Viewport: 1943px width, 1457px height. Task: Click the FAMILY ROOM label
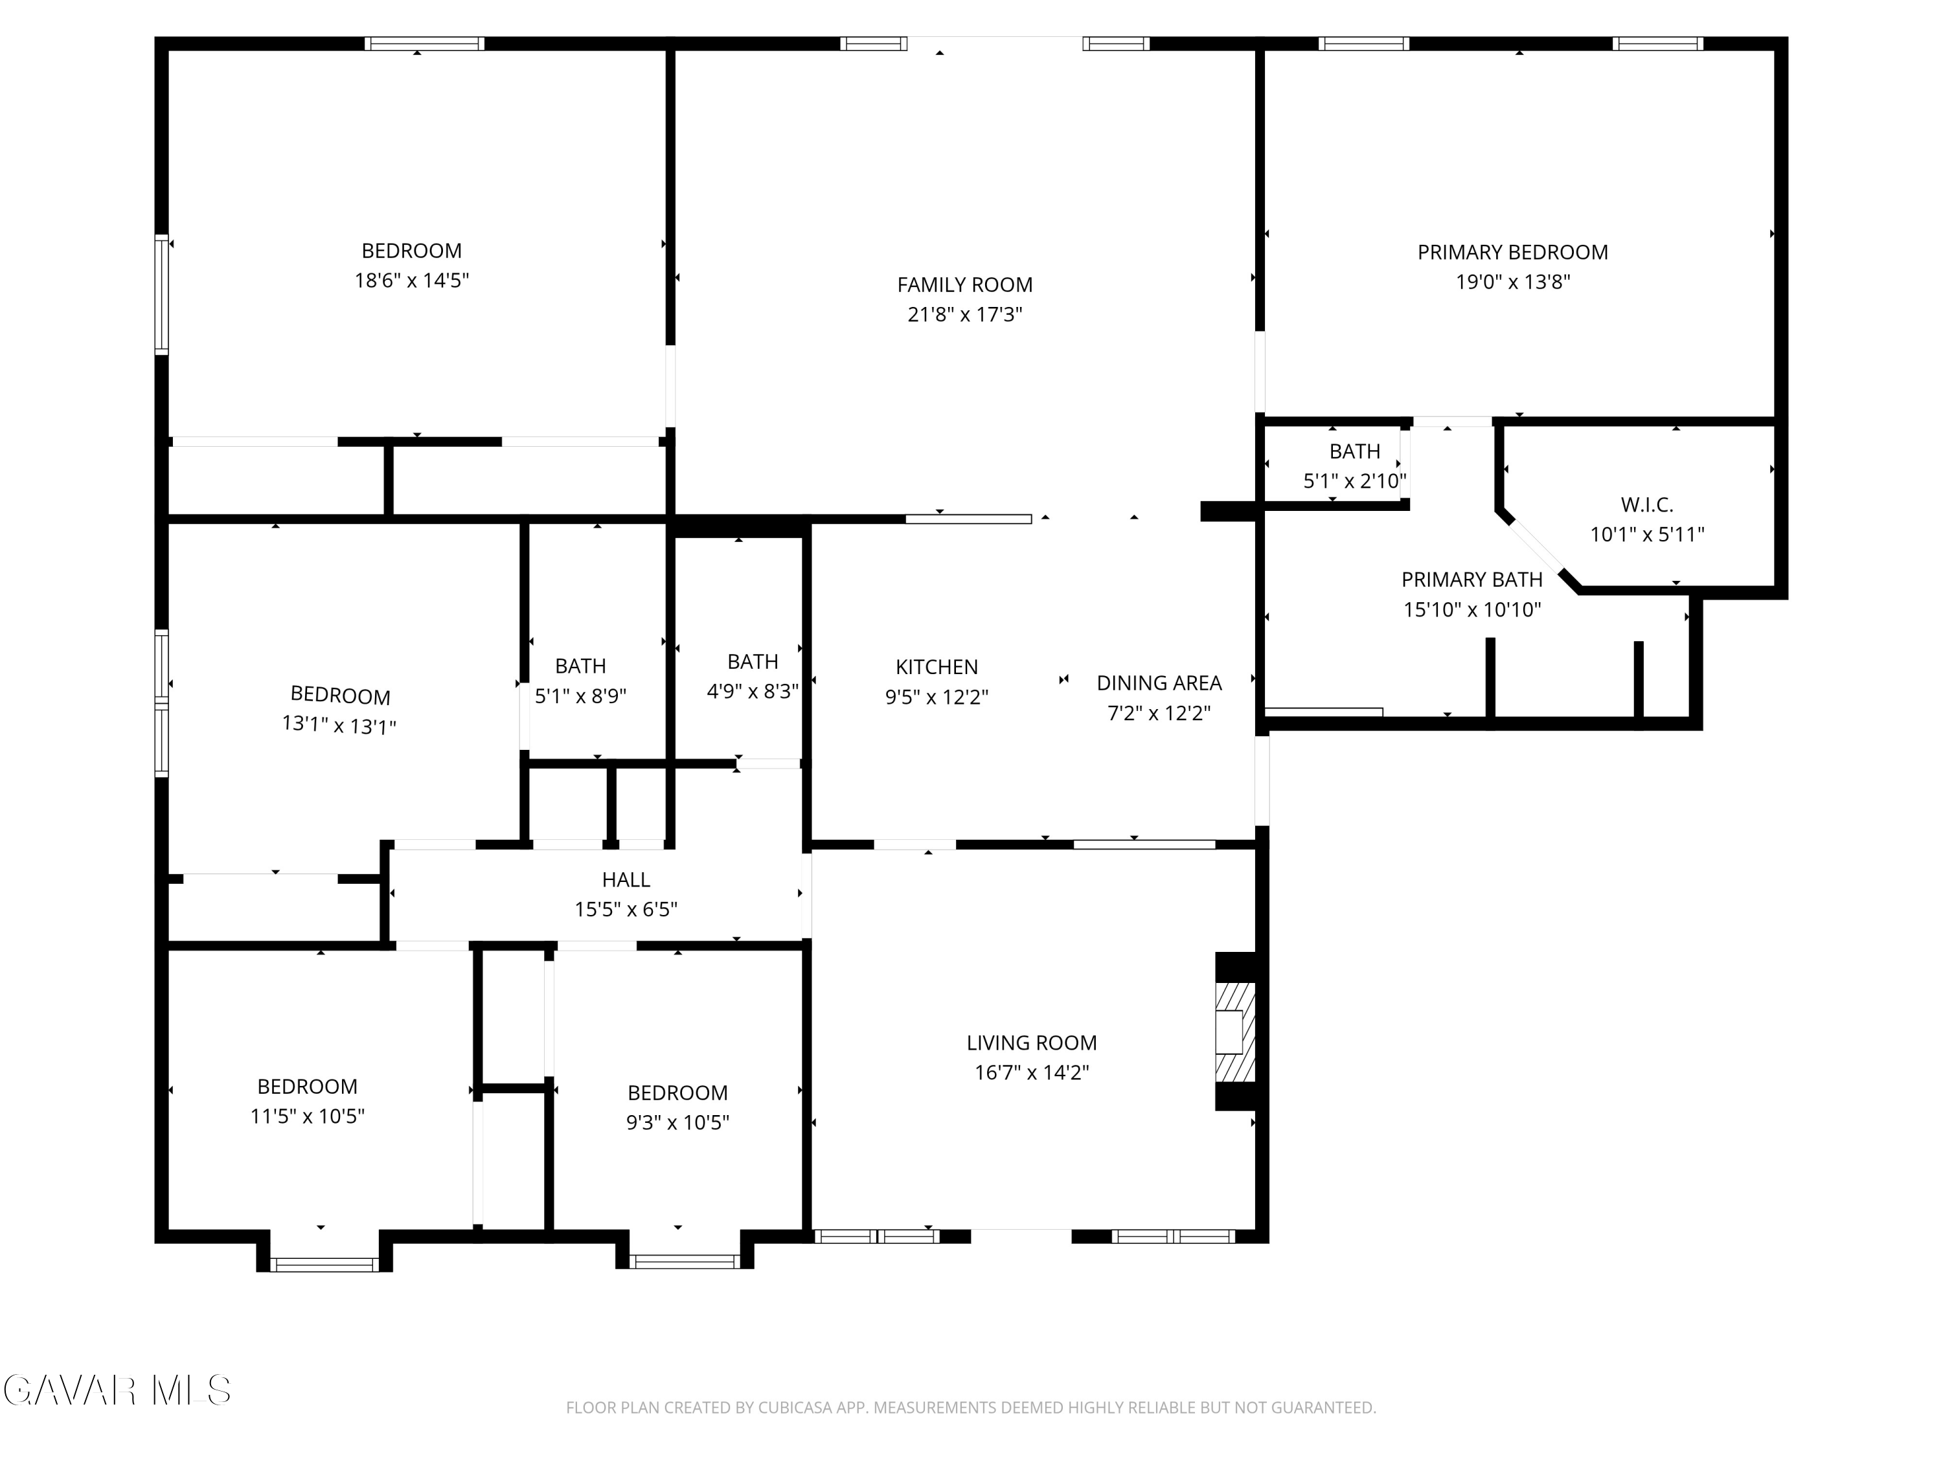pos(964,284)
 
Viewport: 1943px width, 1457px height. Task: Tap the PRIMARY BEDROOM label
pos(1512,252)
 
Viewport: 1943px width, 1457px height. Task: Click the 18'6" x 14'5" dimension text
pos(412,280)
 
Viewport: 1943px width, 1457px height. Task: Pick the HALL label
pos(626,879)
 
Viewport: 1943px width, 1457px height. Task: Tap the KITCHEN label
pos(937,666)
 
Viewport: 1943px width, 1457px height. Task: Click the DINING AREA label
pos(1159,683)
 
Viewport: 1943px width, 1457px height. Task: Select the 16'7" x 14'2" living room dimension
pos(1032,1072)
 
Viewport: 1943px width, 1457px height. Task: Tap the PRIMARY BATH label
pos(1472,580)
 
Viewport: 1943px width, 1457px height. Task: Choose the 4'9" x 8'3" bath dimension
pos(753,691)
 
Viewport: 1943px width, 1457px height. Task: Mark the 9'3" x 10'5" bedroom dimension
pos(677,1122)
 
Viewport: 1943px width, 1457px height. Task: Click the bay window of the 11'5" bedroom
pos(324,1264)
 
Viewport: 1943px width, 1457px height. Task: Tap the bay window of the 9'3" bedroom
pos(685,1262)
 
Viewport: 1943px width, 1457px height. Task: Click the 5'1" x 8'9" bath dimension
pos(580,696)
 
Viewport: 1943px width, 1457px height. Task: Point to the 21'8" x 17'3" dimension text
pos(964,315)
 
